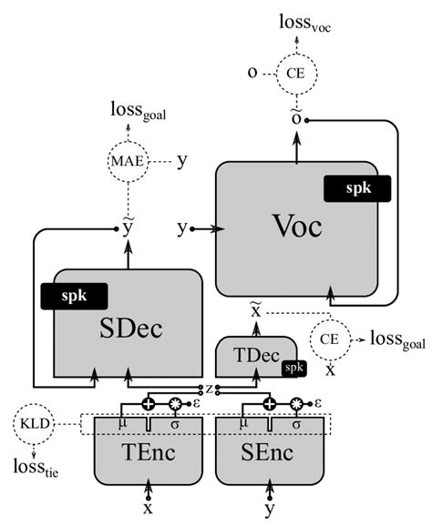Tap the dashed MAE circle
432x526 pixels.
127,161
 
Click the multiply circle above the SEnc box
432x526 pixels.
295,402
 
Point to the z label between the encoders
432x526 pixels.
210,389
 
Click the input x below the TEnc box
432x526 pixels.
148,509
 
